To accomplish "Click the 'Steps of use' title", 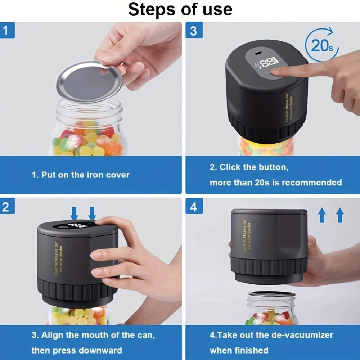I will click(x=180, y=10).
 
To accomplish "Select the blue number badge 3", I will click(x=193, y=31).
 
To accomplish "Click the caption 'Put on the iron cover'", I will click(x=81, y=175).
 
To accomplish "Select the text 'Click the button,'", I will click(x=249, y=167).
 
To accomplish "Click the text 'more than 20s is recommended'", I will click(x=276, y=183).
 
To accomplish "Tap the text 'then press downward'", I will click(x=77, y=350).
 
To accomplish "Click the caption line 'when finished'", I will click(x=239, y=350).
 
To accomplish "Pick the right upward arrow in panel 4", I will click(x=339, y=216).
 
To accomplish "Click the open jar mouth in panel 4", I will click(x=271, y=294).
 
